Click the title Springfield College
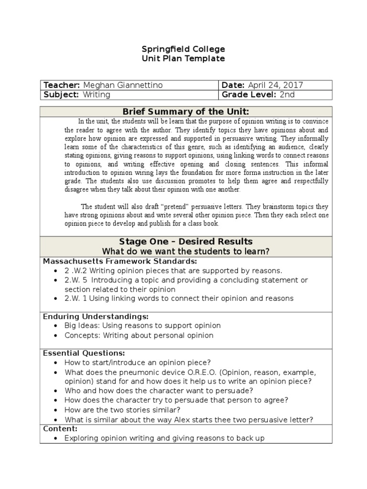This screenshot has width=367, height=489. tap(183, 49)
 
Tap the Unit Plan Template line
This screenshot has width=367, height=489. tap(183, 59)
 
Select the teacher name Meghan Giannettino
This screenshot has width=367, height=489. tap(123, 85)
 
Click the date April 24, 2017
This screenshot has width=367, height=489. tap(276, 85)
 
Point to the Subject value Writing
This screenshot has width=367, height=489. tap(97, 95)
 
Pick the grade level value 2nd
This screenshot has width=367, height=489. tap(287, 95)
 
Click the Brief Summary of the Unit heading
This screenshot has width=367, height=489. tap(186, 112)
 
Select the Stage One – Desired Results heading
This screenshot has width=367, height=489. tap(186, 242)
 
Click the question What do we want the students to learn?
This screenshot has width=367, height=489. tap(186, 252)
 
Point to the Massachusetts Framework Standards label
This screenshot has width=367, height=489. tap(120, 261)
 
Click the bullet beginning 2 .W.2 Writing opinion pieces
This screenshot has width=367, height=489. tap(173, 271)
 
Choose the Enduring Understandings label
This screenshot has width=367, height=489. tap(96, 317)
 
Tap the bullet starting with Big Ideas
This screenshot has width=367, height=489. tap(142, 326)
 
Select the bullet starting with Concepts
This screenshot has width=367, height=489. tap(139, 336)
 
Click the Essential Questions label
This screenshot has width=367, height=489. tap(84, 353)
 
